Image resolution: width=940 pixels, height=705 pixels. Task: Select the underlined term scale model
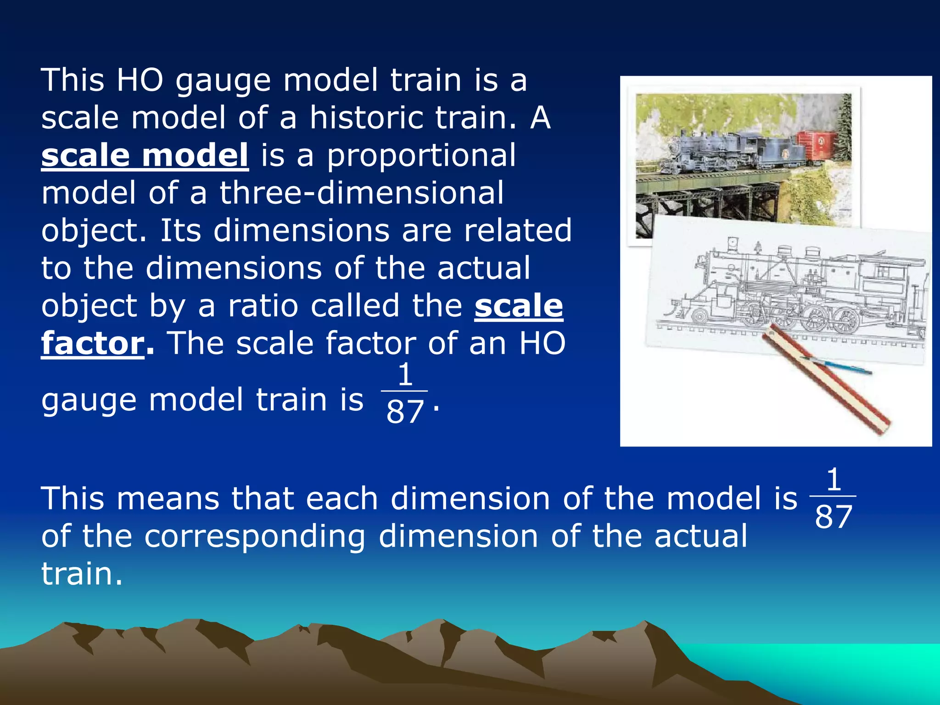click(145, 155)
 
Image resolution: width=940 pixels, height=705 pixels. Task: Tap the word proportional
click(421, 155)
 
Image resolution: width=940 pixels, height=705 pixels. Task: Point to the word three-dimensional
click(362, 193)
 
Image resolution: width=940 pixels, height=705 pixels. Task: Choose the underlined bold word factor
click(93, 343)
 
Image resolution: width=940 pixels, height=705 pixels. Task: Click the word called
click(355, 306)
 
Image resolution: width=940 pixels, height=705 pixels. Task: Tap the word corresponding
click(255, 536)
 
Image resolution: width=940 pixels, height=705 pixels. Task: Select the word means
click(168, 498)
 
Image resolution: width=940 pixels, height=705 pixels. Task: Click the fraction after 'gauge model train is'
click(404, 393)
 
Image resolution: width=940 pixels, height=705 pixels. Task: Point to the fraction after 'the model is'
click(833, 498)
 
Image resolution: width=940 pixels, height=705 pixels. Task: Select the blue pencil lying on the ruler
click(835, 366)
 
